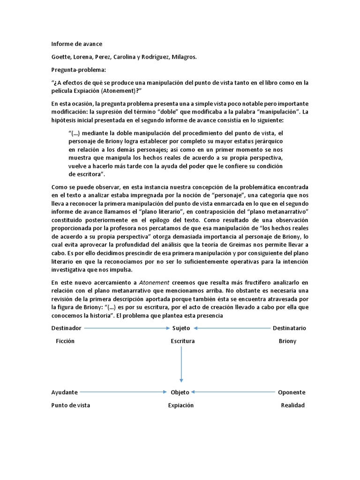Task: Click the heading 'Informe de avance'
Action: [76, 44]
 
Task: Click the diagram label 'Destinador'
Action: [66, 328]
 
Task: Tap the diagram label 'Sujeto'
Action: [181, 328]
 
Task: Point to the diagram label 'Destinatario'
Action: [289, 328]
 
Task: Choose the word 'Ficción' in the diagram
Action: [65, 341]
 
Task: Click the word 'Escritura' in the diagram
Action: [183, 341]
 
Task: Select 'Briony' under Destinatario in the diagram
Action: [287, 341]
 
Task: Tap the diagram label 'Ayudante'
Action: [65, 392]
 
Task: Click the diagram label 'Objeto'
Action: [180, 392]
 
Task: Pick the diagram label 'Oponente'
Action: [292, 392]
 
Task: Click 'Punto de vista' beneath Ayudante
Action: [71, 405]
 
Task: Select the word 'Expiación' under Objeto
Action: [181, 405]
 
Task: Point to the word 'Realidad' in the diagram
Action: [292, 405]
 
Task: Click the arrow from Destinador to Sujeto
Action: [127, 328]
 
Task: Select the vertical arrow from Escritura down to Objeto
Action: [181, 366]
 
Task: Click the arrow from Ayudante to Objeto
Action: [124, 392]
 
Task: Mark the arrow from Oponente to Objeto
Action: [232, 392]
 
